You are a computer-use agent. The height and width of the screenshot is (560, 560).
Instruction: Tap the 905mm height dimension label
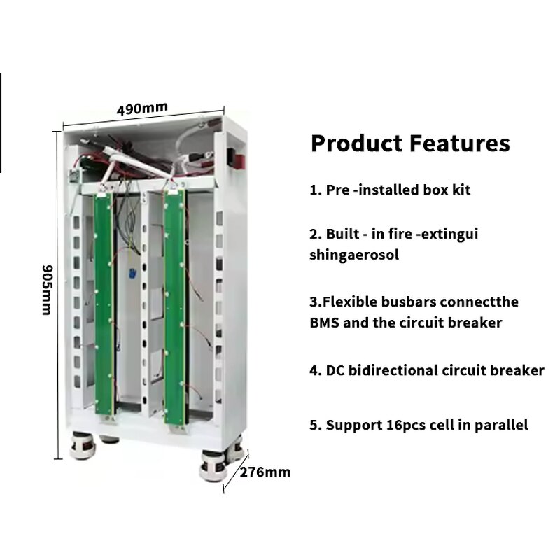pos(46,289)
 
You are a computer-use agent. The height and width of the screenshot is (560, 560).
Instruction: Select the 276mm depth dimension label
pos(265,472)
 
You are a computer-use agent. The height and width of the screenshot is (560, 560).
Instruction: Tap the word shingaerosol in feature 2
pos(354,255)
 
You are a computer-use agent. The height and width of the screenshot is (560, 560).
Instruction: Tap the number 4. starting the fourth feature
pos(315,371)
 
